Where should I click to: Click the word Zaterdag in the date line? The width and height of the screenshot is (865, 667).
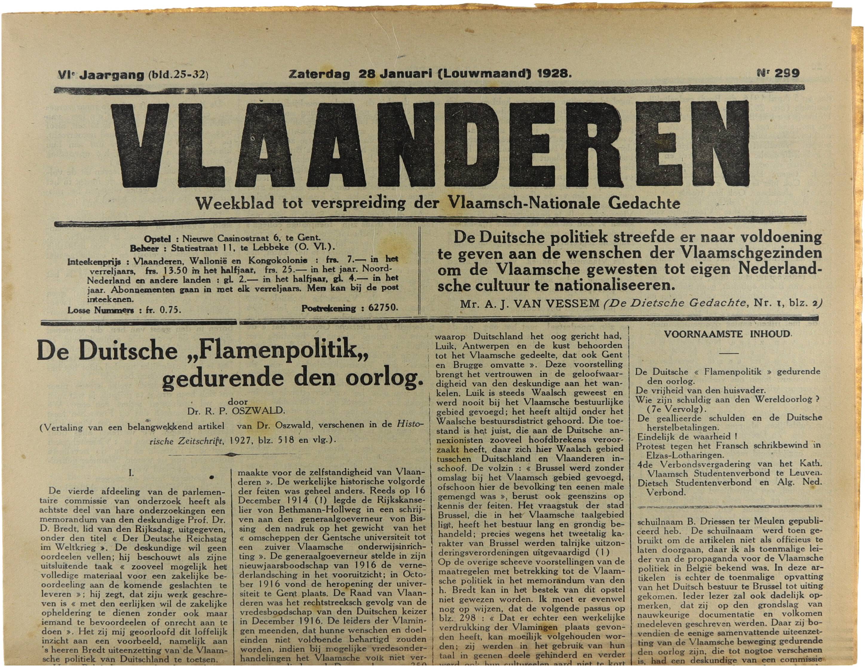tap(320, 74)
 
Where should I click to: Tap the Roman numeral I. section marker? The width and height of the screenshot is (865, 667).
tap(131, 473)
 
